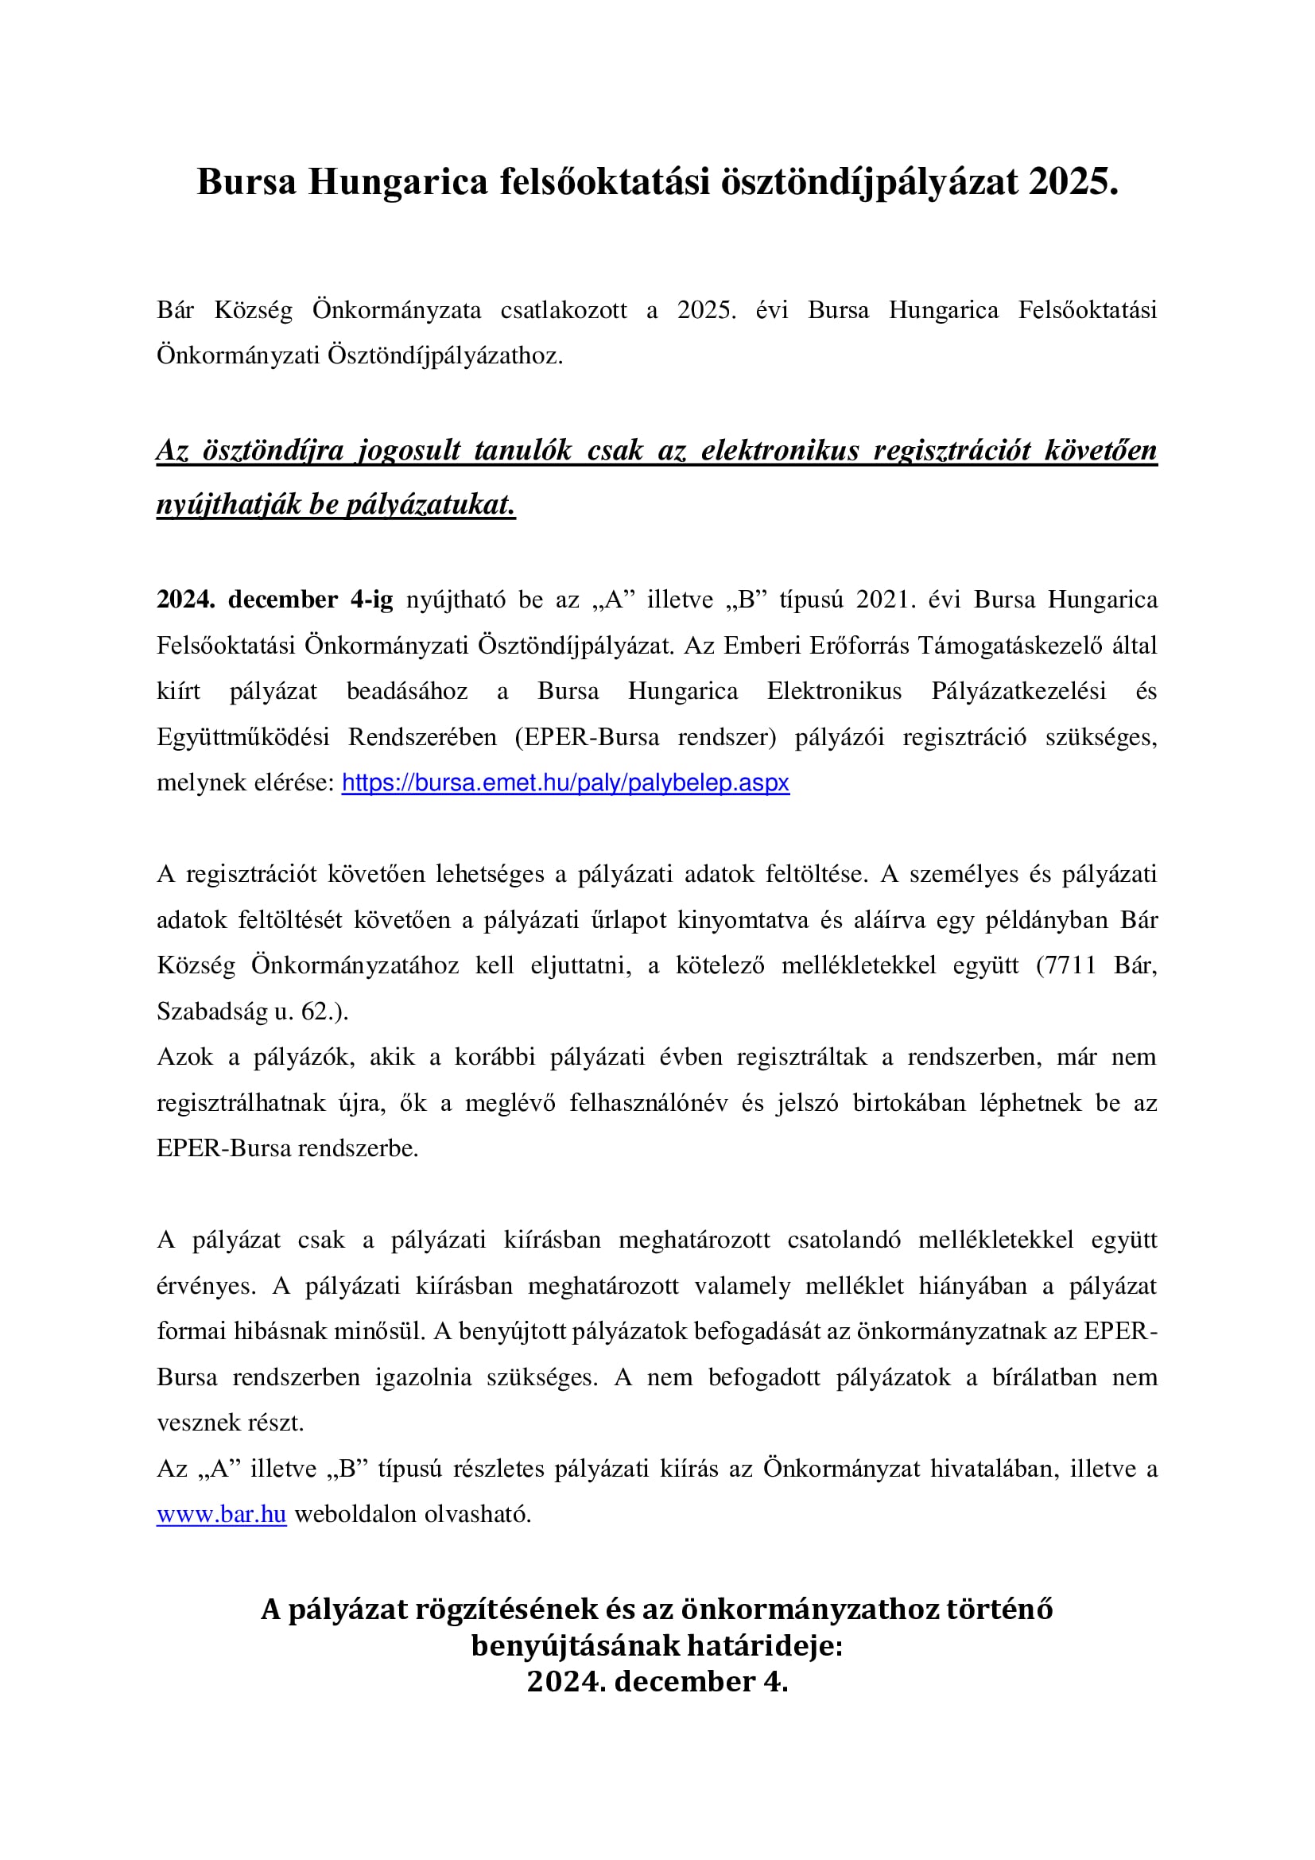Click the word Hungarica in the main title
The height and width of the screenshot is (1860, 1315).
pos(398,182)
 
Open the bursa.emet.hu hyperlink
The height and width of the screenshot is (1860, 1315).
pos(565,782)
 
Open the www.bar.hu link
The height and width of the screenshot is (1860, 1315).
pos(221,1514)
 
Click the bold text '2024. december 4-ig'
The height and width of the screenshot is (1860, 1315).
pos(274,600)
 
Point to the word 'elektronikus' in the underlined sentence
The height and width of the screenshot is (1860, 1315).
pos(780,450)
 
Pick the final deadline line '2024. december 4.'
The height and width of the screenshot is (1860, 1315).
pos(657,1681)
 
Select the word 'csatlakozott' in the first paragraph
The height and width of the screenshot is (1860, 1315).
pos(564,310)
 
